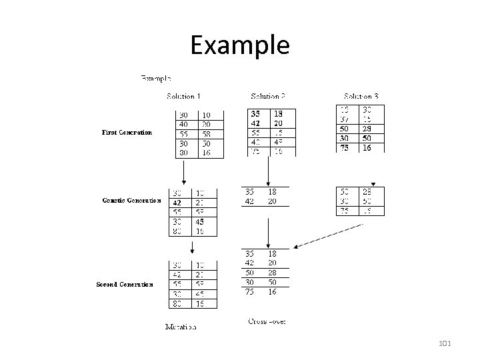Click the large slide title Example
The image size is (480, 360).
240,45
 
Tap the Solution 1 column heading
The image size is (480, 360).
185,97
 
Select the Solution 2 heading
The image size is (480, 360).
268,97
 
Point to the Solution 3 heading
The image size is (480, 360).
362,97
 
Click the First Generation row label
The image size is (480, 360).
127,132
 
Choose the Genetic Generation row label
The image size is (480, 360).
131,200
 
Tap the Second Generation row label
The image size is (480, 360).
125,284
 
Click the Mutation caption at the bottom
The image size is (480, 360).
181,327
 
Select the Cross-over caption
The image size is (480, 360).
267,321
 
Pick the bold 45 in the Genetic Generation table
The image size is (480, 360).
200,222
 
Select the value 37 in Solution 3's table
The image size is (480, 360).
345,119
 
